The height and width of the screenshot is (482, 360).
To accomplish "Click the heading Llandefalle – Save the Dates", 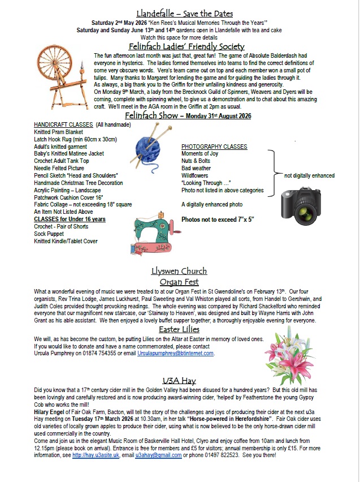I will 185,13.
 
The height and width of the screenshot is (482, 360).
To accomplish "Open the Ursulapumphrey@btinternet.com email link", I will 175,354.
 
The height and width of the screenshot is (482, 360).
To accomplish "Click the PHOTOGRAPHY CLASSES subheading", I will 214,147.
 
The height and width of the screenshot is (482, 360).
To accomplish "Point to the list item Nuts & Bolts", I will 197,161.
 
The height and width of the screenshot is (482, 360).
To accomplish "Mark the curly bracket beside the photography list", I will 272,172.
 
